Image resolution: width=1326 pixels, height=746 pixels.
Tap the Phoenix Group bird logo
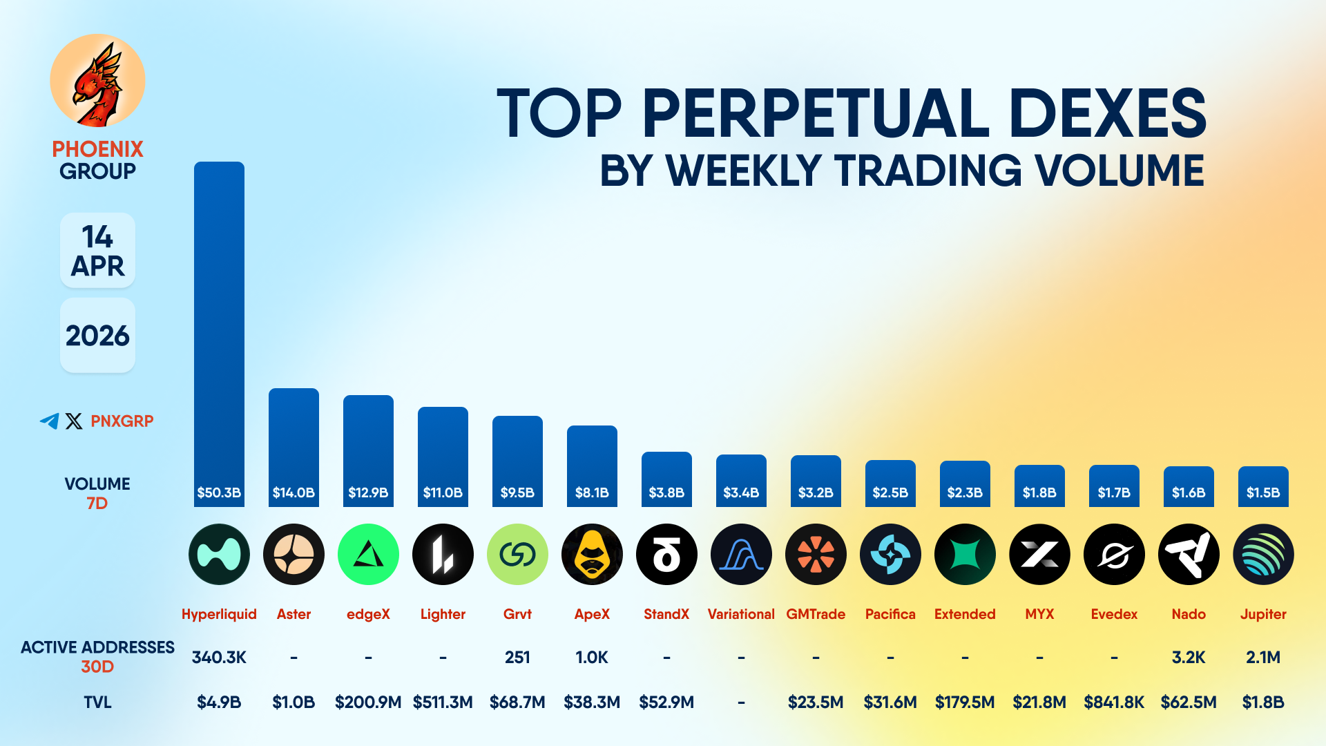point(97,82)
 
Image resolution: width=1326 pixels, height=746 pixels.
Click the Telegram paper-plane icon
point(49,421)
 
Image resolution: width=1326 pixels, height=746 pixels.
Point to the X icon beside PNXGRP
point(74,421)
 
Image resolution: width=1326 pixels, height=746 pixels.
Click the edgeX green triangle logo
point(368,554)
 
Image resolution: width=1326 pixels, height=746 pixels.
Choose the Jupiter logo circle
point(1263,554)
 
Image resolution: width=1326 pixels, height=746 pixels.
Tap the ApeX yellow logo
point(592,554)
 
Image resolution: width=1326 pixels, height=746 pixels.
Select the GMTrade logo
point(816,554)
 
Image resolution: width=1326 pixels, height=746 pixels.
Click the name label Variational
point(741,614)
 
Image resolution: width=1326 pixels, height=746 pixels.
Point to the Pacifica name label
point(890,614)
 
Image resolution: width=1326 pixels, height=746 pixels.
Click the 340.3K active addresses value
point(219,657)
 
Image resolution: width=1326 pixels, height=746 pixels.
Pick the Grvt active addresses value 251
point(517,657)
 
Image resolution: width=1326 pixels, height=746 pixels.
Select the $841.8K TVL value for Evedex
point(1114,702)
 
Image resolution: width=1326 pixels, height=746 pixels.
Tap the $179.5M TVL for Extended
point(965,702)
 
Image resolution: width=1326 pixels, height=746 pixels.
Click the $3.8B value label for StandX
point(666,492)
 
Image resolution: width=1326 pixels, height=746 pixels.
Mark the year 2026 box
point(97,336)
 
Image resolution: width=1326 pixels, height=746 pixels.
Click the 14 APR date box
point(97,251)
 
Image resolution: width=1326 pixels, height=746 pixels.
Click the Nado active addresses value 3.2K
point(1189,657)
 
